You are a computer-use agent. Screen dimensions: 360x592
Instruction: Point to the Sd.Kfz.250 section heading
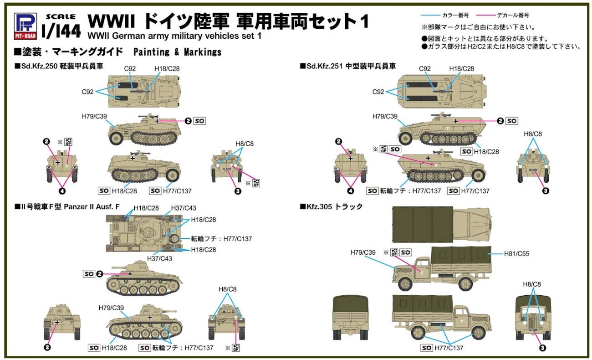click(x=59, y=67)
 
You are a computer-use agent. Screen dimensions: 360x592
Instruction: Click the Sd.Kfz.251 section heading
click(x=347, y=67)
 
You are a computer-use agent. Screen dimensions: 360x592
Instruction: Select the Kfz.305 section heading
click(x=331, y=207)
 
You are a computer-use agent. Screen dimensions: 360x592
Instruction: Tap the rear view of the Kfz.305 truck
click(x=350, y=317)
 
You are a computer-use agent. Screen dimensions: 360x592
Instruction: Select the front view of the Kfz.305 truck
click(x=532, y=317)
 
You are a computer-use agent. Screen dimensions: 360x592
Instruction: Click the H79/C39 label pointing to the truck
click(x=362, y=252)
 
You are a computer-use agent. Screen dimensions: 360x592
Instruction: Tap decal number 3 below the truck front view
click(x=542, y=349)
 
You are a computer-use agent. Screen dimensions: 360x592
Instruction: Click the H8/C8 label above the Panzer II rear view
click(x=227, y=289)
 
